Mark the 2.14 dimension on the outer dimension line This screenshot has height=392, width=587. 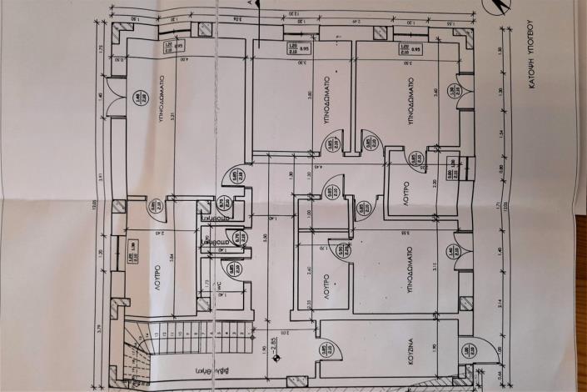pyautogui.click(x=498, y=303)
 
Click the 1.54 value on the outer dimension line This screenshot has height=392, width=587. pyautogui.click(x=498, y=134)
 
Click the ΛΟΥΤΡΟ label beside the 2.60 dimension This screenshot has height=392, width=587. pyautogui.click(x=327, y=284)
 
